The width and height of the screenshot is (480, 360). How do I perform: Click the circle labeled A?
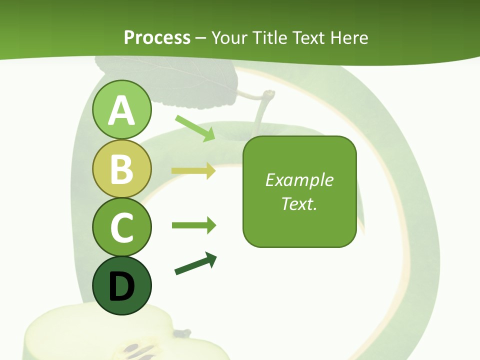[x=121, y=110]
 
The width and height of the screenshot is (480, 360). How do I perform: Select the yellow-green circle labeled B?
[x=121, y=169]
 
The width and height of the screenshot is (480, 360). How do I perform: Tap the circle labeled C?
[x=121, y=227]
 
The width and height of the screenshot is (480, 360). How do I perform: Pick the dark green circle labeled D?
[x=121, y=285]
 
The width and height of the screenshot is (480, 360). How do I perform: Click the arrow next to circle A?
[x=195, y=128]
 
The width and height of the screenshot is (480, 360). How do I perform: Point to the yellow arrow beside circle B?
[x=193, y=171]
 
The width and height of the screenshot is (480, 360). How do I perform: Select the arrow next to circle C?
[x=193, y=225]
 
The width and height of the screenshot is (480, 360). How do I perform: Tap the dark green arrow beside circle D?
[x=195, y=263]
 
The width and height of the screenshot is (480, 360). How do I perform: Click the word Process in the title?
[x=157, y=37]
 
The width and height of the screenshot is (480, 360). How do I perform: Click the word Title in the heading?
[x=270, y=37]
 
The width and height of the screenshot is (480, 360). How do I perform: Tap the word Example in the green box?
[x=299, y=180]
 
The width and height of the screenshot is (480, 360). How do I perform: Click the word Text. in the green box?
[x=299, y=203]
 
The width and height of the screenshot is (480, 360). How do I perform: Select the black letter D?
[x=121, y=286]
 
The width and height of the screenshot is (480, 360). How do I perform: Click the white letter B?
[x=121, y=169]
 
